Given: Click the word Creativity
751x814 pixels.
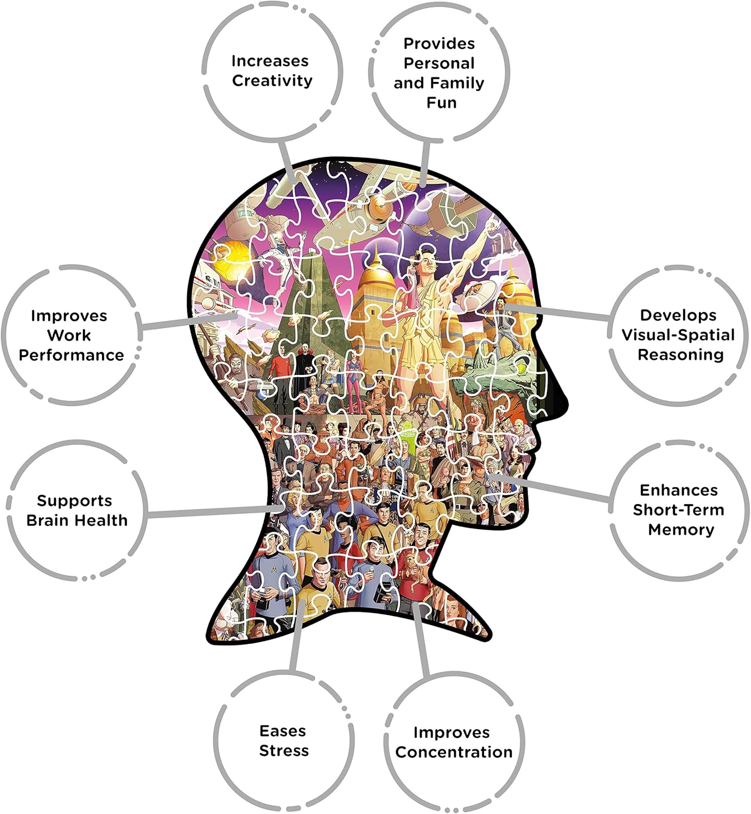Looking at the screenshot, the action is tap(272, 80).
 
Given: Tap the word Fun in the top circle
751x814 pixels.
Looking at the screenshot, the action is tap(441, 103).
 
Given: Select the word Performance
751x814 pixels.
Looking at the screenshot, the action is tap(71, 355).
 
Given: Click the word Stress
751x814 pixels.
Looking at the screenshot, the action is tap(284, 751).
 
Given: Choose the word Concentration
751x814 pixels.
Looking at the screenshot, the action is tap(454, 752).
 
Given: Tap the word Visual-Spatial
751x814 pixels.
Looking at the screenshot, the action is tap(678, 335).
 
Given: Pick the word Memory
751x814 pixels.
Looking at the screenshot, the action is tap(681, 530).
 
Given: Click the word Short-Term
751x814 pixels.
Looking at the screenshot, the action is tap(678, 510).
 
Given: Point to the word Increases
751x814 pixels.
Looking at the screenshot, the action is tap(270, 61).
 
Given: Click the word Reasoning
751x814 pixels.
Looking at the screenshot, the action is tap(680, 354).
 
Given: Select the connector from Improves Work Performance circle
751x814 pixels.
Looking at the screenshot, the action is tap(189, 321).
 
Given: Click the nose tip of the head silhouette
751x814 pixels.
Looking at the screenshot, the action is tap(568, 404).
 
